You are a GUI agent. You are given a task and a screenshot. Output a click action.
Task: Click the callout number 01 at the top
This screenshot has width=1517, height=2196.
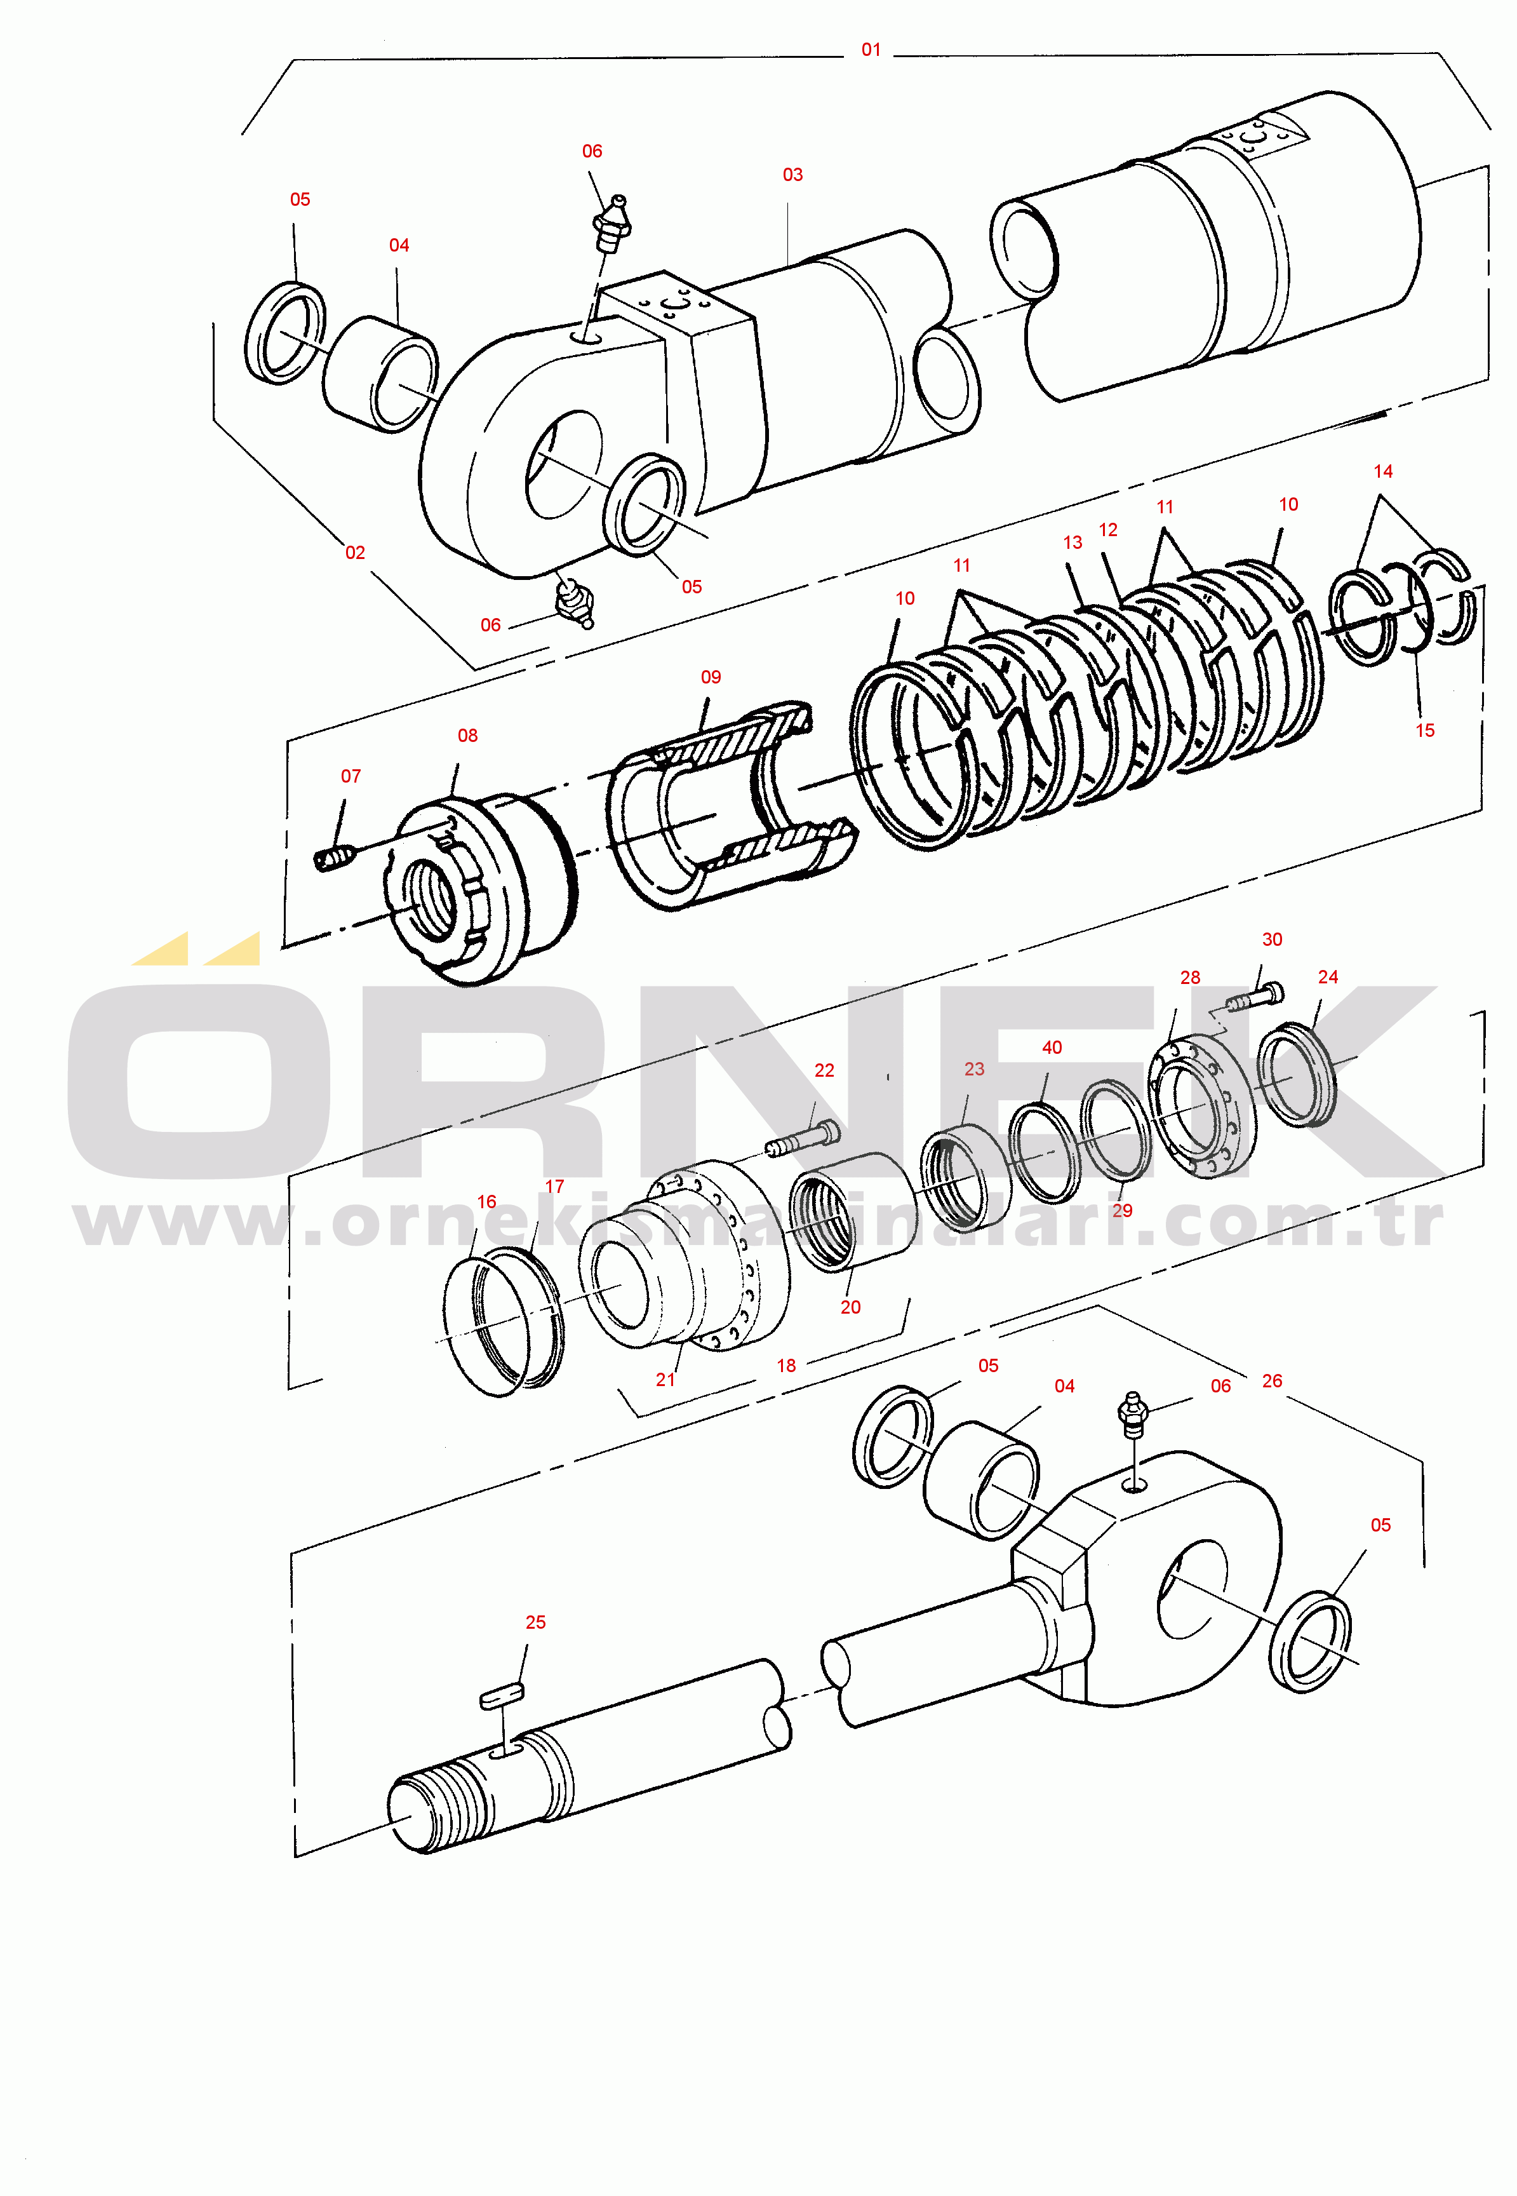871,50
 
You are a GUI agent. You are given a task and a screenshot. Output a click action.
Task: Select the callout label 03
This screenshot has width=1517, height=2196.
792,175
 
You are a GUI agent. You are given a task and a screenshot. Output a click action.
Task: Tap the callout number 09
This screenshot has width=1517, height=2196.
711,677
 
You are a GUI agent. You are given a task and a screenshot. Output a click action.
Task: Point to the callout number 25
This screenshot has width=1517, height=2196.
536,1622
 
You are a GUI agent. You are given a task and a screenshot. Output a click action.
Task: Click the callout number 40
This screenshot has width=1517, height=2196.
1052,1047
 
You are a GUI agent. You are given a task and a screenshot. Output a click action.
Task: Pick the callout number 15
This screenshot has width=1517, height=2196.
1425,730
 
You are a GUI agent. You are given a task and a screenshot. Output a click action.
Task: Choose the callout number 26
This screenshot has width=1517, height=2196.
1272,1380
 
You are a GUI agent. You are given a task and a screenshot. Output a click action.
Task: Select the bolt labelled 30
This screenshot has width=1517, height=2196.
1255,998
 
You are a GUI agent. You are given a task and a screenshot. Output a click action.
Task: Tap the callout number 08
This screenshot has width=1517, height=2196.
467,736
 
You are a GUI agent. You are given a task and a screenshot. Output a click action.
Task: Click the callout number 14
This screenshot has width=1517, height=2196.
1383,471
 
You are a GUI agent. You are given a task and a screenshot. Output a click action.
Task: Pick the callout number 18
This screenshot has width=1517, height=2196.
786,1365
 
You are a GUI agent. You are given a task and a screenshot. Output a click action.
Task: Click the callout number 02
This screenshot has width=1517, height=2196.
354,552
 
